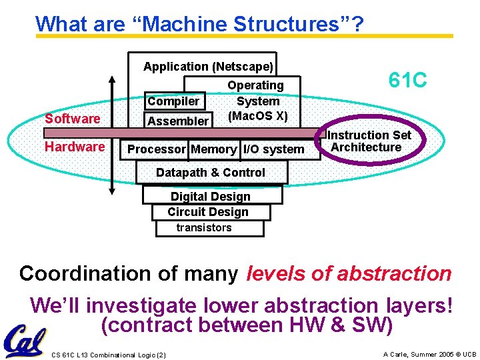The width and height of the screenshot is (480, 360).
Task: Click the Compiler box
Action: [x=173, y=101]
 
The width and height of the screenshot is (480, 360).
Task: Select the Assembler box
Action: [x=177, y=121]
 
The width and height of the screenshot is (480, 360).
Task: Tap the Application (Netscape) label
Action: [x=208, y=67]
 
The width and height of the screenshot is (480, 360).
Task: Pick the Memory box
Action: [x=213, y=149]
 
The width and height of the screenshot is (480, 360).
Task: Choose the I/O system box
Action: [x=273, y=149]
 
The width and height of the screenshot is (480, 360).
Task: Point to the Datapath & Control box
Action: [x=211, y=173]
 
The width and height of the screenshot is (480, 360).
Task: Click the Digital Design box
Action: [x=211, y=197]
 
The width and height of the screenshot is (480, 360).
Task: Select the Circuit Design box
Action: [x=208, y=212]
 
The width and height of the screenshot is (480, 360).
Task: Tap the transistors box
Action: [x=204, y=228]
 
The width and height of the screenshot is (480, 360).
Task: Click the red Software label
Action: [x=72, y=119]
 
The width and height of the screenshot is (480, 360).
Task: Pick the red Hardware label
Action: [x=75, y=147]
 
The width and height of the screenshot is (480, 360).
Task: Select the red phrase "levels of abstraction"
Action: [x=349, y=273]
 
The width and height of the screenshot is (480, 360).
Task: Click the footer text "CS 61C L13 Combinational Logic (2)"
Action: [x=109, y=354]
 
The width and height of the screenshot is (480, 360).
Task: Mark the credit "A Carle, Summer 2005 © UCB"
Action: [x=429, y=354]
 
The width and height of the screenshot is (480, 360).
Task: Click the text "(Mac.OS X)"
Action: [x=257, y=116]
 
